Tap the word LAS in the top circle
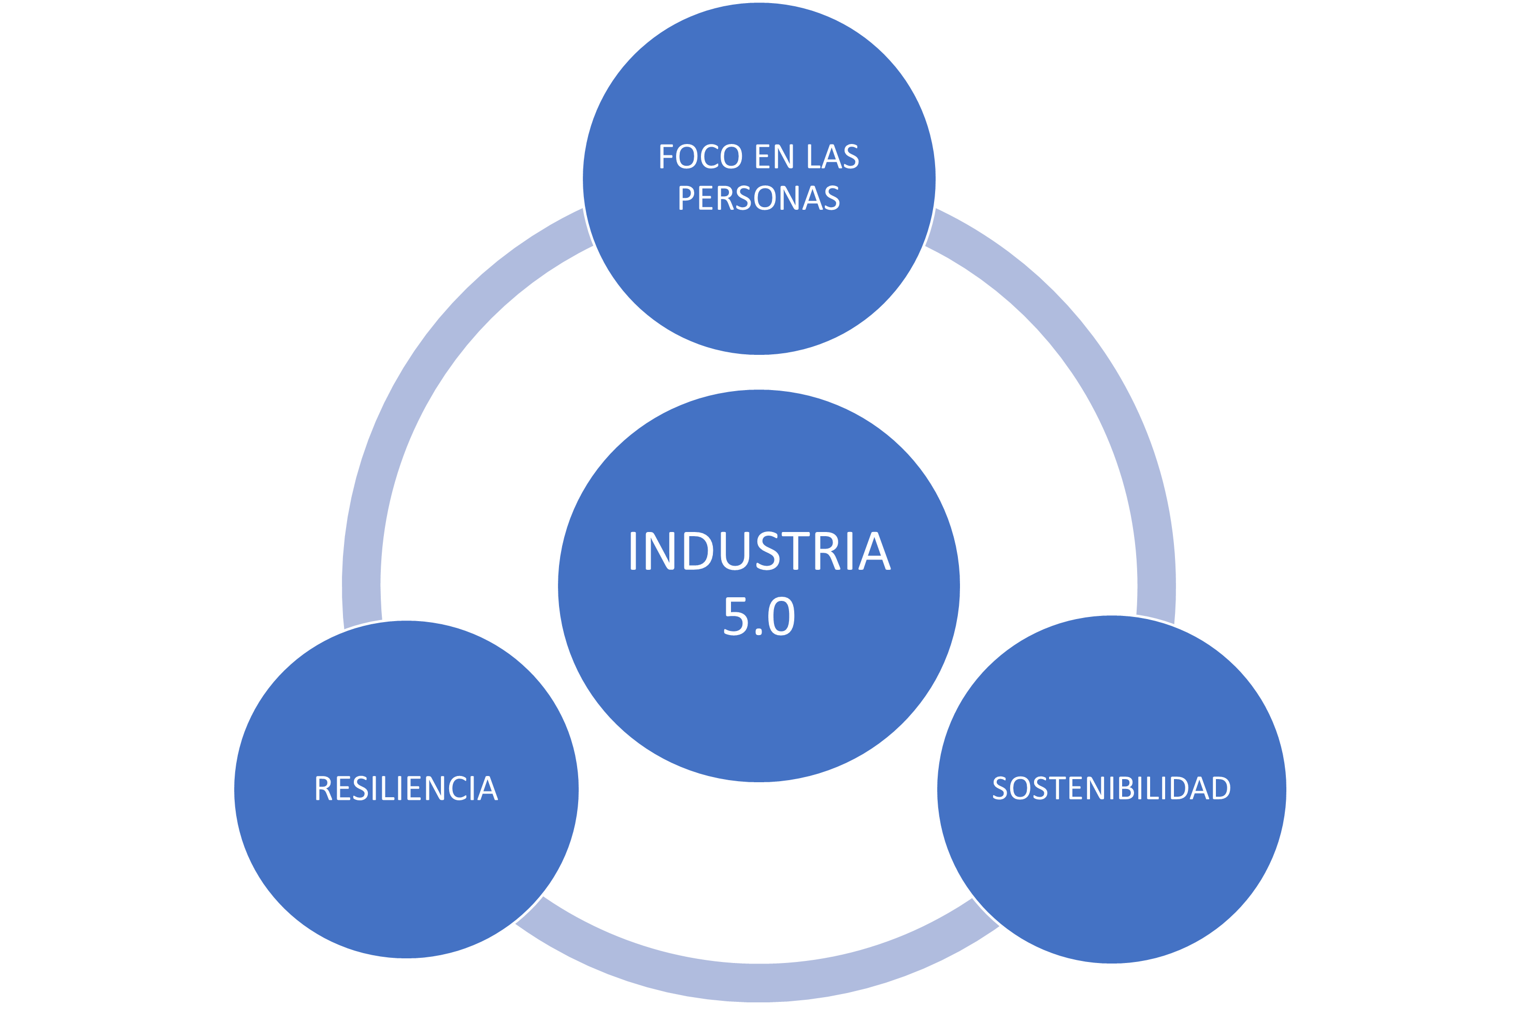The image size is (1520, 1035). [x=832, y=157]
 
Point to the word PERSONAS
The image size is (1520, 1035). [x=758, y=199]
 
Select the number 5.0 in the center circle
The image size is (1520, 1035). [x=758, y=616]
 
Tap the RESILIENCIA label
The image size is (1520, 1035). [x=406, y=789]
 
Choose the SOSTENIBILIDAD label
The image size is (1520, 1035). [x=1111, y=788]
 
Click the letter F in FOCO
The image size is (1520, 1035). [x=666, y=157]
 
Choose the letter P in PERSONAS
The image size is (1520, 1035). [x=686, y=199]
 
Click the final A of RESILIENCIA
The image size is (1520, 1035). [x=487, y=789]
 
